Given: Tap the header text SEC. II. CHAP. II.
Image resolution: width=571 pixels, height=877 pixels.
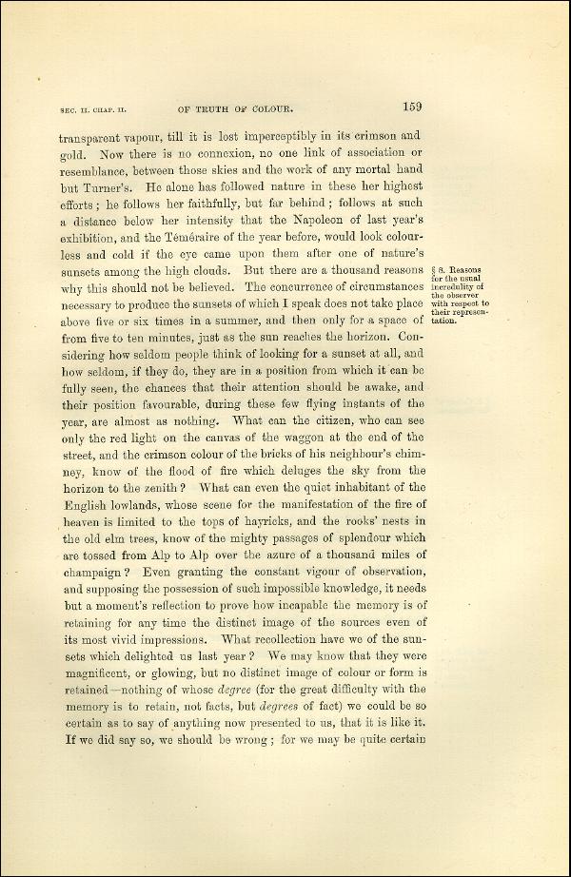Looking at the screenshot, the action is pyautogui.click(x=92, y=110).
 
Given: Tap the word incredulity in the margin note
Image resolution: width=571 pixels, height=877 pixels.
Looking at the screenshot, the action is pyautogui.click(x=457, y=286).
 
